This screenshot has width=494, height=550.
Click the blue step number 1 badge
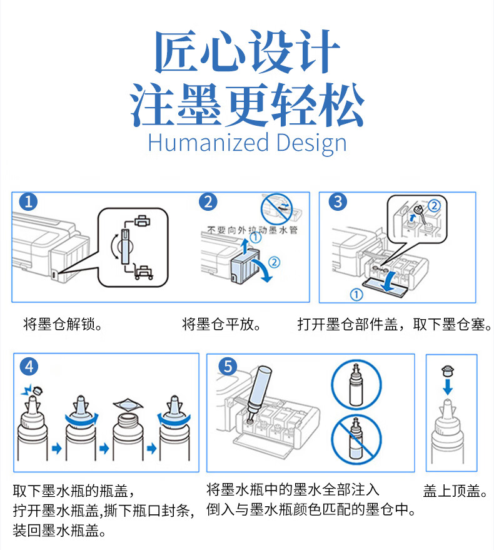pyautogui.click(x=28, y=201)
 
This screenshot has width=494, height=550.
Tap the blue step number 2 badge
pyautogui.click(x=208, y=202)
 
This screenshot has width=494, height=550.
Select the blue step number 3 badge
pyautogui.click(x=338, y=201)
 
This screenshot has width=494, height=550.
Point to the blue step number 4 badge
pyautogui.click(x=29, y=367)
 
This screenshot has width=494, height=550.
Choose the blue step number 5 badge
pyautogui.click(x=228, y=366)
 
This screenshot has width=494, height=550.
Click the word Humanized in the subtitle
pyautogui.click(x=208, y=143)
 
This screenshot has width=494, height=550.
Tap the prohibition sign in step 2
pyautogui.click(x=276, y=210)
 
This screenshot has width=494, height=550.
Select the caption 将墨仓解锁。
pyautogui.click(x=63, y=325)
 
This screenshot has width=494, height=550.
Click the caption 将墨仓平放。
pyautogui.click(x=221, y=325)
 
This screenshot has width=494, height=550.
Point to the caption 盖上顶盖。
pyautogui.click(x=455, y=491)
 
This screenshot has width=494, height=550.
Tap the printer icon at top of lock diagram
pyautogui.click(x=143, y=222)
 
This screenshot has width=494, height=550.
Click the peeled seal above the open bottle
pyautogui.click(x=128, y=404)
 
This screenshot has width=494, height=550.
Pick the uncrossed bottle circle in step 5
pyautogui.click(x=356, y=384)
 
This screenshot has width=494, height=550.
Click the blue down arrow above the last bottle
pyautogui.click(x=448, y=387)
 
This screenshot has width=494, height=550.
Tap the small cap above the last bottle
pyautogui.click(x=448, y=370)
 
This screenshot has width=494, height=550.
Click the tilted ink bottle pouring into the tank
pyautogui.click(x=259, y=391)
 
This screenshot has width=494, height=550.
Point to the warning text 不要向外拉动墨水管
pyautogui.click(x=252, y=230)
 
